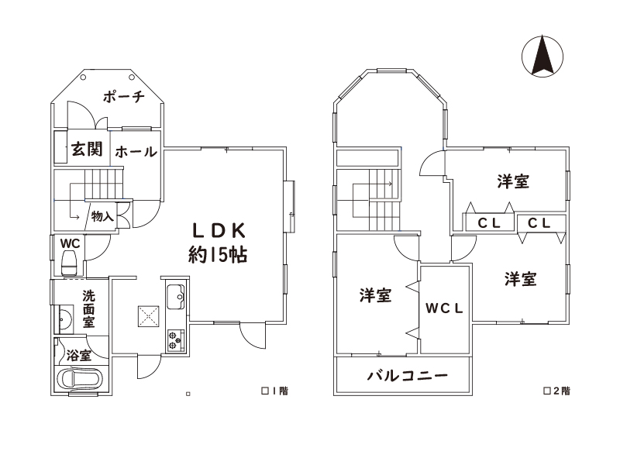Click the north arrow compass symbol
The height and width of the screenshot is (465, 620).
click(542, 56)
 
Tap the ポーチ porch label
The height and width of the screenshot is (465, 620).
click(124, 96)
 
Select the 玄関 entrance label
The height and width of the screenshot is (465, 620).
click(87, 149)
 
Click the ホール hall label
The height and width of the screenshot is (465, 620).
click(136, 151)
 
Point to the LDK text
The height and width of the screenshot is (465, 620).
click(219, 230)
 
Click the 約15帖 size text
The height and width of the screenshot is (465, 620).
click(218, 255)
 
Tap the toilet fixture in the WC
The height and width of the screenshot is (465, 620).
click(70, 263)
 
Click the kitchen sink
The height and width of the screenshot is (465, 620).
click(176, 297)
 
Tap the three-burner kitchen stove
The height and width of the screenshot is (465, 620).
click(176, 340)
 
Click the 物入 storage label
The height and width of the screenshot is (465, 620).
click(102, 216)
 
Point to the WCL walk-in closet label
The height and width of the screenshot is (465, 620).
click(444, 308)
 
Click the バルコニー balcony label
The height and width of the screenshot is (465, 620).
click(408, 375)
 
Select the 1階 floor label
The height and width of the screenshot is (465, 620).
click(275, 391)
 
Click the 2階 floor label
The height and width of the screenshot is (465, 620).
click(557, 391)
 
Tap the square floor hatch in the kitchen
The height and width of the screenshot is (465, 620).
click(149, 316)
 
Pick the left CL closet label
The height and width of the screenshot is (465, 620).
click(489, 223)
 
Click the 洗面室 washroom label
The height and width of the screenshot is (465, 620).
click(88, 308)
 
